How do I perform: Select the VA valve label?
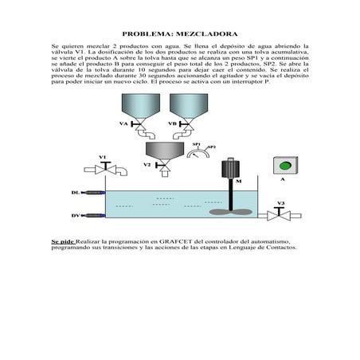(x=123, y=124)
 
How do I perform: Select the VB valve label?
(x=172, y=124)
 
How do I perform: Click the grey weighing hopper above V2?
(x=166, y=149)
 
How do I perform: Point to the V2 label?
(x=147, y=165)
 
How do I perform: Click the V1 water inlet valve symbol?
(x=103, y=169)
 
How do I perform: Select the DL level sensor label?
(x=75, y=193)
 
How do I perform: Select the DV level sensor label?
(x=75, y=215)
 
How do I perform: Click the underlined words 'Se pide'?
(x=62, y=241)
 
